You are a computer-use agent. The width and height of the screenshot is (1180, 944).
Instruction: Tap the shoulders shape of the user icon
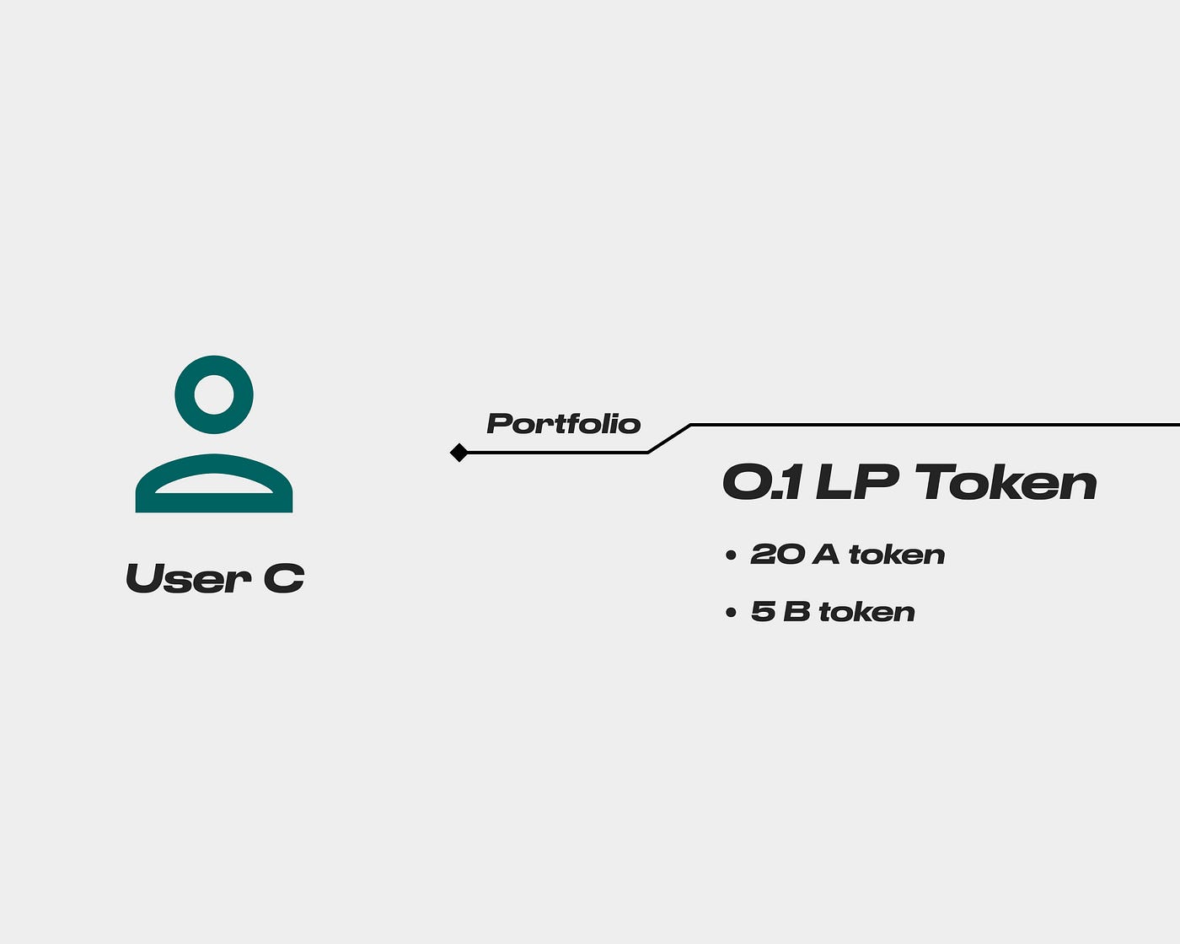[214, 502]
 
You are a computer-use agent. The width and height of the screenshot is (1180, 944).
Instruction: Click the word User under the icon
[188, 578]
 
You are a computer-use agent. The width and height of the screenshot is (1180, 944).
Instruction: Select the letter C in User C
[284, 578]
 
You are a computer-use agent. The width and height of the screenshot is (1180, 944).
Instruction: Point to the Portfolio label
[564, 424]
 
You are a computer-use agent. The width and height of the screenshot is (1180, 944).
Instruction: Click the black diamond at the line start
[459, 453]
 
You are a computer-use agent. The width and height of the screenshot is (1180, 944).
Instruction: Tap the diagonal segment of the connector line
[669, 438]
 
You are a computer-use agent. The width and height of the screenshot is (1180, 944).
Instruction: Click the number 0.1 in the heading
[762, 483]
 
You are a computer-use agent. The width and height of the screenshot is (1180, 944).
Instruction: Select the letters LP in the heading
[857, 482]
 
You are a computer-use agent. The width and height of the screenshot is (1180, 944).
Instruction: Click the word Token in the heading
[1006, 482]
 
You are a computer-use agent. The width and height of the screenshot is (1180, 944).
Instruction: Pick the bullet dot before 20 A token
[731, 555]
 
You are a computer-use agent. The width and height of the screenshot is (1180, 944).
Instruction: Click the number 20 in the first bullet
[777, 554]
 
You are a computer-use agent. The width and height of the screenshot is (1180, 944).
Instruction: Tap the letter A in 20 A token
[826, 554]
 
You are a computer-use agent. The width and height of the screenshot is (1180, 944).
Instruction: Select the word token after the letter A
[897, 555]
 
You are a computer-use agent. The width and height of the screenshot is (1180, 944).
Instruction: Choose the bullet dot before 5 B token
[731, 612]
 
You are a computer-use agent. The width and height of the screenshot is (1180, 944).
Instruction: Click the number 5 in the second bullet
[764, 612]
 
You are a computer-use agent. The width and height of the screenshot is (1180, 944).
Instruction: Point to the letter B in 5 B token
[796, 612]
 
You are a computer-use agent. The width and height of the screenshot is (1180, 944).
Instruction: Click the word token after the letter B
[867, 612]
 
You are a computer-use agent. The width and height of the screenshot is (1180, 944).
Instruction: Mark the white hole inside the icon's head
[214, 395]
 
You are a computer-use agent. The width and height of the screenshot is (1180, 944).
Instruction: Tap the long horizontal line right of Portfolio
[936, 425]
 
